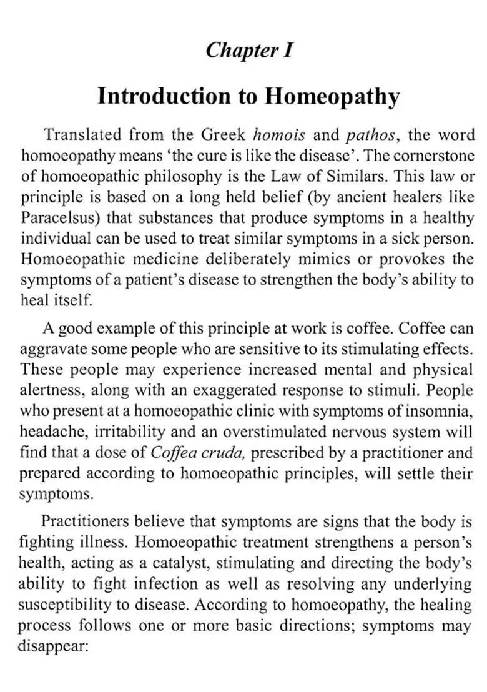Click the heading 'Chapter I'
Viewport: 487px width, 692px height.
tap(249, 49)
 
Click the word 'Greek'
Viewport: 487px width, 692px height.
tap(224, 134)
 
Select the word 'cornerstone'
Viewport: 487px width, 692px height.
tap(435, 156)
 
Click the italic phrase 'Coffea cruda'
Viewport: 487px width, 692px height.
tap(191, 453)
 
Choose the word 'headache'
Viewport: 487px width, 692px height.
tap(49, 432)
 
